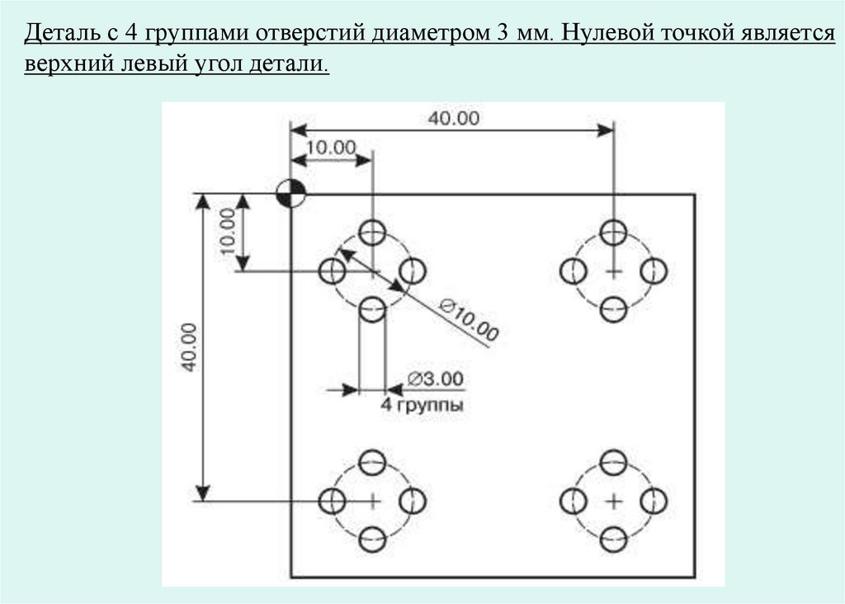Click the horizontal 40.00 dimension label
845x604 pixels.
pos(453,118)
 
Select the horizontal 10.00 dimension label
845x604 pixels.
pos(331,147)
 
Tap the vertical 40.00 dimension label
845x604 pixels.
pos(189,347)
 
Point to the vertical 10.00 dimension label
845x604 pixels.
pos(229,231)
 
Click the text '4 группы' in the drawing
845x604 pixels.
pos(422,405)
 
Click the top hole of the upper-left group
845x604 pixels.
pos(373,231)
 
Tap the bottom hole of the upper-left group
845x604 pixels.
pos(373,310)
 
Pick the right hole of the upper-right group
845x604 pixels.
pos(654,271)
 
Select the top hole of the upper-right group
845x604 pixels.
pos(613,231)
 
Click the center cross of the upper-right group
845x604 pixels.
pos(613,271)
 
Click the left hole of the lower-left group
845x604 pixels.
pos(333,500)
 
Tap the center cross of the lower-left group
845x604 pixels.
pos(373,500)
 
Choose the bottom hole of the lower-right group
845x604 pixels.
pos(613,540)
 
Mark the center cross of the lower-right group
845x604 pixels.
pos(613,500)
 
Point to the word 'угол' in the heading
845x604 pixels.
pos(214,64)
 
